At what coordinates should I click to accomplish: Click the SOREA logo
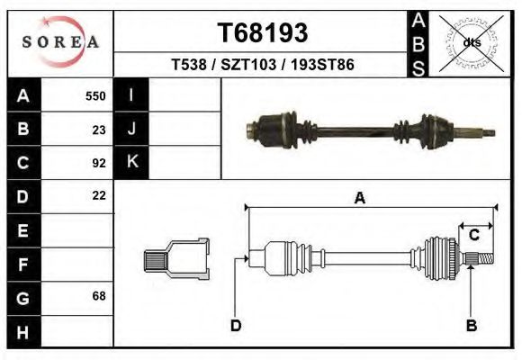click(x=60, y=42)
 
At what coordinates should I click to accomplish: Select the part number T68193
click(x=262, y=33)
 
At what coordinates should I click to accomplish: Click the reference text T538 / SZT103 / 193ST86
click(x=262, y=65)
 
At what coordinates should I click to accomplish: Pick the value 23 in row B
click(x=99, y=130)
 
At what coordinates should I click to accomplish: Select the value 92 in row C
click(x=99, y=163)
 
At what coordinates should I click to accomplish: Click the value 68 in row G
click(x=99, y=296)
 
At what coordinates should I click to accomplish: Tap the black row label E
click(x=23, y=230)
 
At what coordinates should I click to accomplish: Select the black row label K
click(x=131, y=163)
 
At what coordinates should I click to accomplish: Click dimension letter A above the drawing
click(x=360, y=199)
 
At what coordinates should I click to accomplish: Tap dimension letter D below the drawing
click(x=236, y=326)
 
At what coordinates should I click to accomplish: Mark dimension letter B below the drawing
click(x=470, y=326)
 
